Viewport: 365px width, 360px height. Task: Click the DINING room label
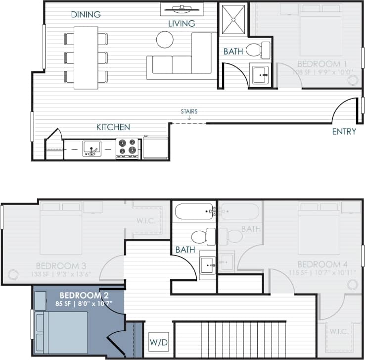[86, 14]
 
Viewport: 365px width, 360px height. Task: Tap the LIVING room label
[181, 23]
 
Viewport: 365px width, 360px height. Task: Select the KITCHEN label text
[113, 127]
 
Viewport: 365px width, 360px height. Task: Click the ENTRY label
[344, 131]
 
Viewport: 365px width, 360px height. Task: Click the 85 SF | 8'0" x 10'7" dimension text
[83, 303]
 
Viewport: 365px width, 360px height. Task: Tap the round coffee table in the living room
[165, 39]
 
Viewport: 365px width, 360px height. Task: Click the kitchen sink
[91, 148]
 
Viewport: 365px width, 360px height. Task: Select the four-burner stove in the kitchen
[127, 148]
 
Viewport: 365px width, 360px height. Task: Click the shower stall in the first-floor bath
[233, 20]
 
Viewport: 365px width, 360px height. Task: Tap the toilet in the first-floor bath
[257, 50]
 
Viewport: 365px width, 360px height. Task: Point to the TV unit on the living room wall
[182, 8]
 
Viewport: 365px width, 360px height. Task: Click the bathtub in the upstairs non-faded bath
[194, 211]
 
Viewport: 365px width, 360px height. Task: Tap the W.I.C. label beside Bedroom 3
[145, 221]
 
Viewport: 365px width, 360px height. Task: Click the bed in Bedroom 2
[62, 332]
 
